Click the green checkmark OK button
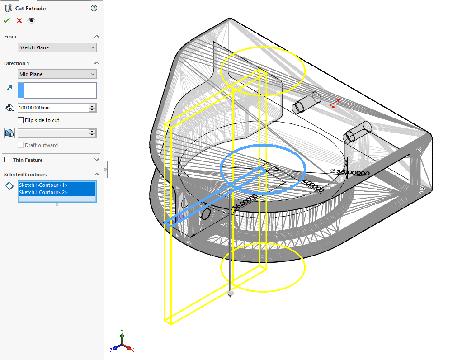coord(7,20)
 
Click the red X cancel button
coord(19,20)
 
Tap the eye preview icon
coord(31,20)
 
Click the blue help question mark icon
coord(94,8)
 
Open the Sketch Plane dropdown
coord(57,47)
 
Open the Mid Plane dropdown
coord(57,74)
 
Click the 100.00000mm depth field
coord(52,108)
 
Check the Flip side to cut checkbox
coord(20,120)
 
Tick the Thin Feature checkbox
coord(7,160)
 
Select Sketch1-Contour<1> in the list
coord(43,185)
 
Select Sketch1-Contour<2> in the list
coord(43,192)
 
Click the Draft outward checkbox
coord(20,145)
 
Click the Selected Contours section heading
coord(25,175)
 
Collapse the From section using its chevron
coord(97,37)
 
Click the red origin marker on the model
coord(334,104)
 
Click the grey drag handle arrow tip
coord(231,294)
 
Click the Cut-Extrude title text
coord(30,8)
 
